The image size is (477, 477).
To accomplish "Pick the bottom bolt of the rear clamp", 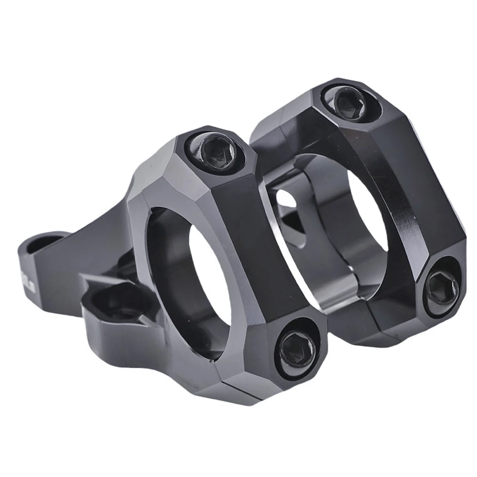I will pos(442,288).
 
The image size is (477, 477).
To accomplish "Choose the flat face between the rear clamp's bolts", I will pos(419,191).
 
